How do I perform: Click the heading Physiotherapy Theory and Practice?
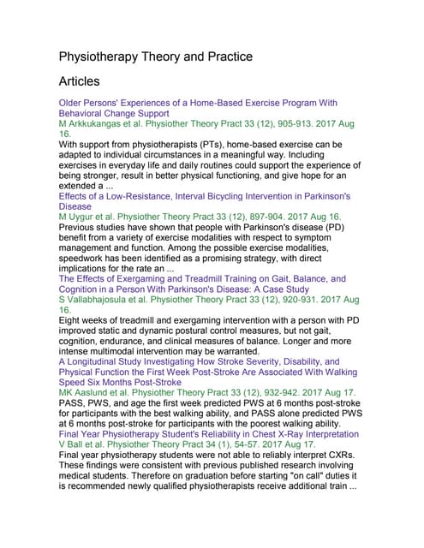(x=155, y=57)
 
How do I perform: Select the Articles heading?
(x=79, y=82)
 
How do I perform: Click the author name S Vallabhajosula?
(x=99, y=301)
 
